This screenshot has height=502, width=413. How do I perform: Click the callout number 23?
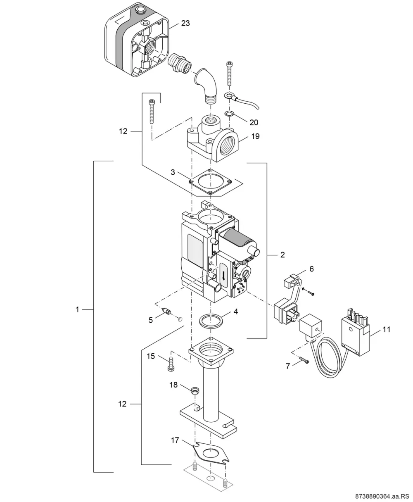(x=185, y=23)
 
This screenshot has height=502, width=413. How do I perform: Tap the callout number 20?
(x=254, y=122)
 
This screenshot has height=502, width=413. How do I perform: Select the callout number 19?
(x=255, y=136)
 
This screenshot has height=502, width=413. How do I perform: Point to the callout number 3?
(x=173, y=172)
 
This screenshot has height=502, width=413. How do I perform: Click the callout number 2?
(x=282, y=255)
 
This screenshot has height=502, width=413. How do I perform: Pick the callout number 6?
(x=311, y=269)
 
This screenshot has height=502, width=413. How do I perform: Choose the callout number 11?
(x=386, y=329)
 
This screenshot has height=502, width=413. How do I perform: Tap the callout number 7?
(x=288, y=366)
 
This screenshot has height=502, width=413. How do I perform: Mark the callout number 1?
(x=77, y=309)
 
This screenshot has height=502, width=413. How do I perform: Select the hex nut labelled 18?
(x=195, y=390)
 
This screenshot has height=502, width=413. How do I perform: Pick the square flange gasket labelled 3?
(x=210, y=182)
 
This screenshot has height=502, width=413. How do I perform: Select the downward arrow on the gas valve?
(x=223, y=275)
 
